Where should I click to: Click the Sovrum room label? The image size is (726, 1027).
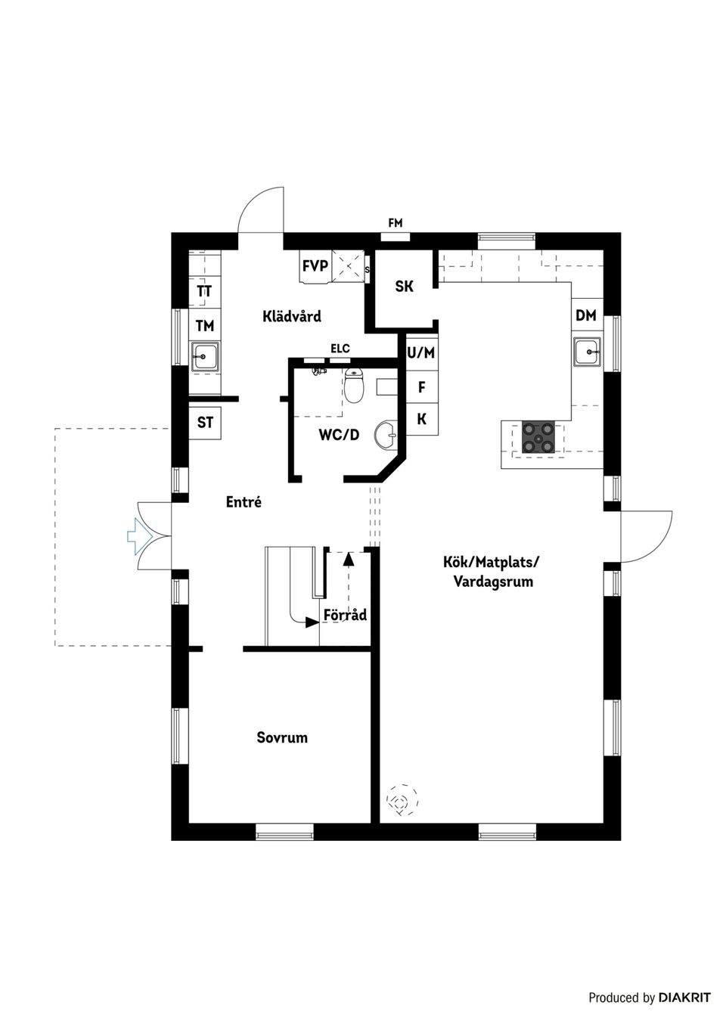282,737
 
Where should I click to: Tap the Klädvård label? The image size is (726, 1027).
292,316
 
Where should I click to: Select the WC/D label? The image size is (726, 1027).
338,435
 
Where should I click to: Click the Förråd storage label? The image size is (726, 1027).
345,615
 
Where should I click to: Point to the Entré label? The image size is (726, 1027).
244,501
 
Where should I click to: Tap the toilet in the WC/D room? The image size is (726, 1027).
354,385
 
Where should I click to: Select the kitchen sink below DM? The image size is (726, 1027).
588,352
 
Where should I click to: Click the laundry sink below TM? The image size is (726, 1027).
205,355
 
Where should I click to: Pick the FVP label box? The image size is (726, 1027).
315,266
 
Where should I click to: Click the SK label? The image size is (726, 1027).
405,287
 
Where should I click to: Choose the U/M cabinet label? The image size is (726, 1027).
421,352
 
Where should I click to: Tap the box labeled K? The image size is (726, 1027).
421,419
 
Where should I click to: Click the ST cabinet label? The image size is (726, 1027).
205,422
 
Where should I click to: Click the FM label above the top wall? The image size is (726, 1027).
395,223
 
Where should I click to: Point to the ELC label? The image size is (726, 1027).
340,349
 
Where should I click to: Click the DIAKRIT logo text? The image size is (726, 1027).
684,998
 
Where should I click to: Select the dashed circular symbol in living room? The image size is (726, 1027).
401,800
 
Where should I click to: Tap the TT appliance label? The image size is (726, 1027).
204,291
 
